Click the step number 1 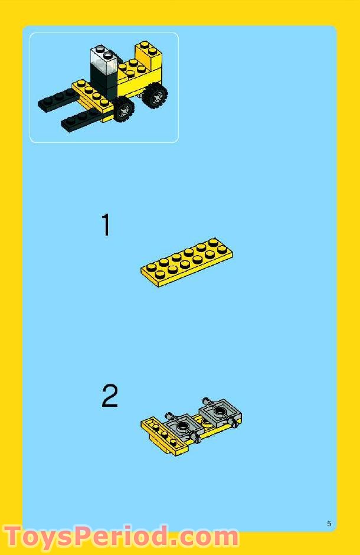click(x=106, y=226)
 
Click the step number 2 click(x=110, y=396)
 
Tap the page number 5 click(x=329, y=524)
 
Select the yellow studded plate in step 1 click(x=186, y=263)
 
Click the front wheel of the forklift click(x=124, y=109)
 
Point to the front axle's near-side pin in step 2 click(x=198, y=439)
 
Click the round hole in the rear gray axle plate click(x=220, y=410)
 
